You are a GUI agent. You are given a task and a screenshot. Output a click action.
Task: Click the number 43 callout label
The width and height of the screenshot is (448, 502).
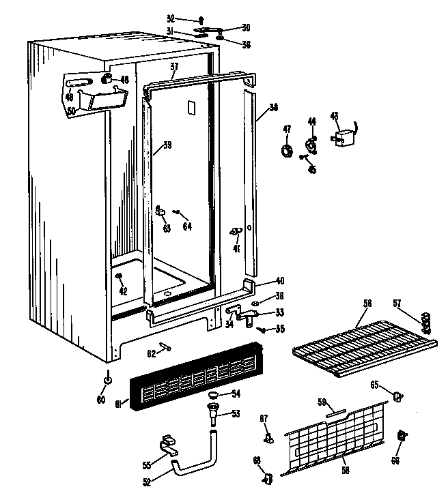[334, 115]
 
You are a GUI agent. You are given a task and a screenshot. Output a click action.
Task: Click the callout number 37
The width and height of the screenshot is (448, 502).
[174, 67]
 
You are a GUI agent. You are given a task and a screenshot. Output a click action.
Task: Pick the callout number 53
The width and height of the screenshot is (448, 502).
[236, 413]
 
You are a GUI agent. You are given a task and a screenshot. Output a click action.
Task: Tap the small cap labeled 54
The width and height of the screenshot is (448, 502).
[213, 395]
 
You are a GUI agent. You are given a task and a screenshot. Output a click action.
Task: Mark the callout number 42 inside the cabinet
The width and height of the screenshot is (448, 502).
[123, 291]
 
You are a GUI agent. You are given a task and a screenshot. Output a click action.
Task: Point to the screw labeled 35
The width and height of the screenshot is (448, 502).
[261, 329]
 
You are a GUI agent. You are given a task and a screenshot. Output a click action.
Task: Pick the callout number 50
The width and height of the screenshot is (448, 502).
[70, 110]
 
